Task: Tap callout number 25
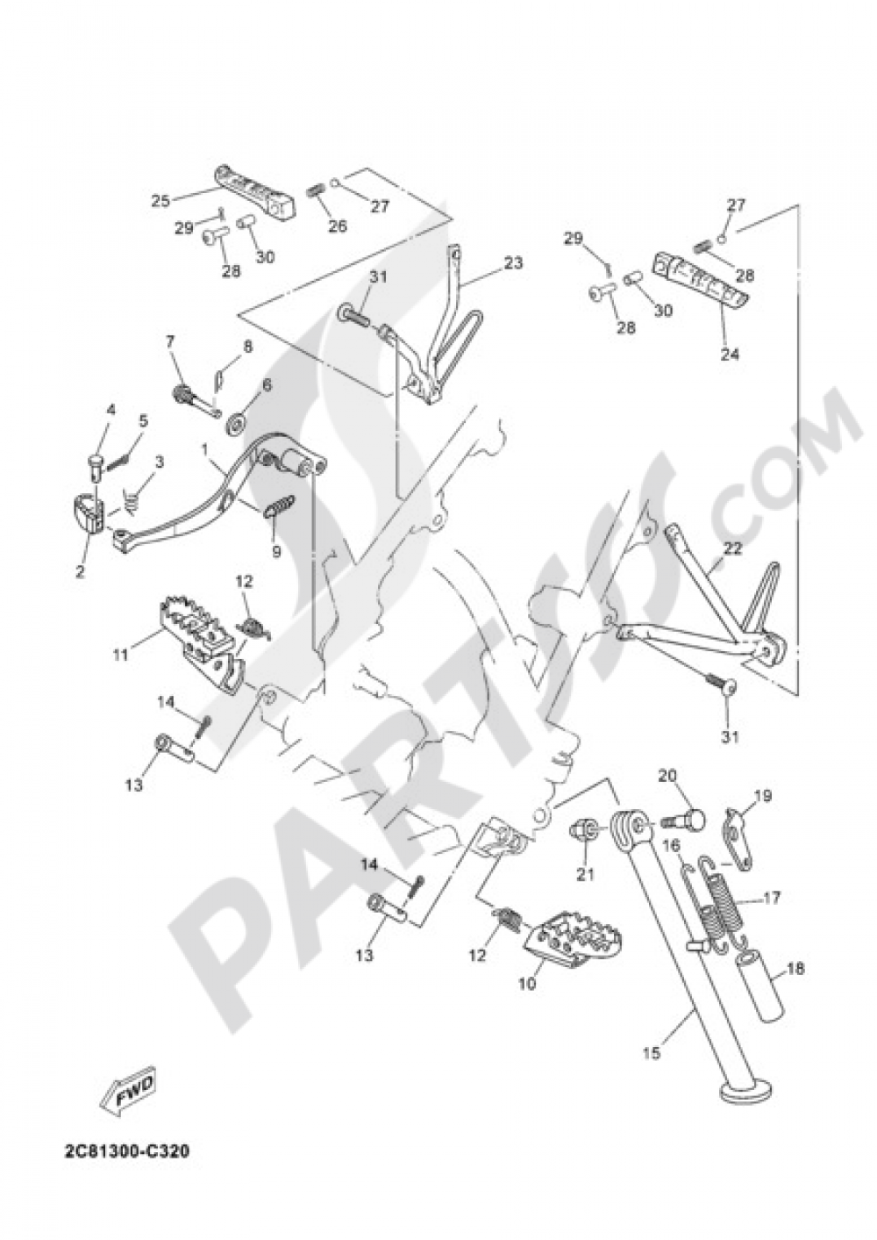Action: [160, 200]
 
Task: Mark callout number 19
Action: [766, 795]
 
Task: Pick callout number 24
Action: [729, 353]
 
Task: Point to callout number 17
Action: [772, 896]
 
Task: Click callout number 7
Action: [170, 341]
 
